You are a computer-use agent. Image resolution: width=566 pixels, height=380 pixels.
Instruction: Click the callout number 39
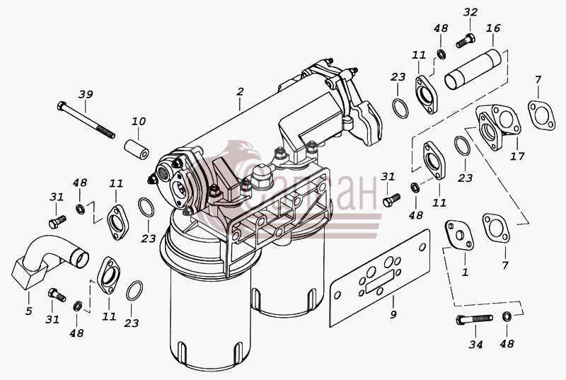pyautogui.click(x=86, y=95)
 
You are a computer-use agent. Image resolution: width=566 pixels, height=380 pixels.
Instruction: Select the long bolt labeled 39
pyautogui.click(x=86, y=120)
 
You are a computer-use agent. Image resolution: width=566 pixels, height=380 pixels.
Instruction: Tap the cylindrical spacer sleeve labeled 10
pyautogui.click(x=137, y=149)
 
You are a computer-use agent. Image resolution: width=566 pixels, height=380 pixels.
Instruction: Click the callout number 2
pyautogui.click(x=240, y=92)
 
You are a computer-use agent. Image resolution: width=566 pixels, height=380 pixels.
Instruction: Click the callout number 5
pyautogui.click(x=29, y=311)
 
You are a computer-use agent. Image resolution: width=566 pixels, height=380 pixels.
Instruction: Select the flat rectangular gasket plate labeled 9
pyautogui.click(x=380, y=277)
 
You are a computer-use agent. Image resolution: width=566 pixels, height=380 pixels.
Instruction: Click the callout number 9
pyautogui.click(x=393, y=315)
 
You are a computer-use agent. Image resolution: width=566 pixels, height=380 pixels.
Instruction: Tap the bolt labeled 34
pyautogui.click(x=474, y=319)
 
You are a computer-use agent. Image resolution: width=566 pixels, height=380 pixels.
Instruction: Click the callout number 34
pyautogui.click(x=475, y=345)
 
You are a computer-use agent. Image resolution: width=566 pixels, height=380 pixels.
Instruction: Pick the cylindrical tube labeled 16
pyautogui.click(x=473, y=70)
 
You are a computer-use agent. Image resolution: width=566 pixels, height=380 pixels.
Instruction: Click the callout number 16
pyautogui.click(x=493, y=28)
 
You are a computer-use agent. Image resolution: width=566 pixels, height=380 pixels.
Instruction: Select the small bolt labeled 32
pyautogui.click(x=466, y=40)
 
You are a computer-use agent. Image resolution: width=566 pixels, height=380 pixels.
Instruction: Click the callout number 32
pyautogui.click(x=470, y=12)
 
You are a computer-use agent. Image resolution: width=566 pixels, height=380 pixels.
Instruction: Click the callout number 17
pyautogui.click(x=517, y=156)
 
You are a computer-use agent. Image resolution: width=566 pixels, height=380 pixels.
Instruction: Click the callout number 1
pyautogui.click(x=465, y=272)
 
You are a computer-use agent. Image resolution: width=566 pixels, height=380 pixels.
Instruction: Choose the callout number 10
pyautogui.click(x=138, y=121)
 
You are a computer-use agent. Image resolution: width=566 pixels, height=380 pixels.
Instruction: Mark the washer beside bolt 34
pyautogui.click(x=507, y=317)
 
